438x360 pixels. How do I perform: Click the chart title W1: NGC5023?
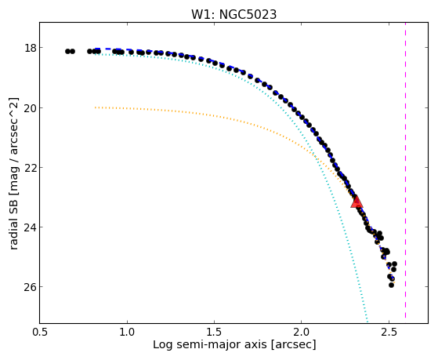tap(233, 15)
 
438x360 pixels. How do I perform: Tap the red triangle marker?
tap(357, 202)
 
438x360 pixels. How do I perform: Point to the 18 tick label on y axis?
tap(31, 48)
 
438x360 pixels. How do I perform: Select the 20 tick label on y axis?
tap(31, 107)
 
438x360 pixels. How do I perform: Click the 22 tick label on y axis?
tap(31, 167)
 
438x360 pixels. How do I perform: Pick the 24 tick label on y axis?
tap(31, 227)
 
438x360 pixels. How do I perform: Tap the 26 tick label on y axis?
tap(31, 287)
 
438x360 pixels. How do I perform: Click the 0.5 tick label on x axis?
tap(40, 332)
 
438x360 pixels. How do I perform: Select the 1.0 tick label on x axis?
tap(128, 332)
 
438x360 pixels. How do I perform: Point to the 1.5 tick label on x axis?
tap(214, 332)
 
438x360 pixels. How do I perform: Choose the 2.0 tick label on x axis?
tap(302, 332)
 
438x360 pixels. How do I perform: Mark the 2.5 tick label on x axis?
tap(389, 332)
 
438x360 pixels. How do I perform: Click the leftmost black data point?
tap(67, 51)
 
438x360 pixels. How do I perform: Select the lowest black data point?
tap(391, 285)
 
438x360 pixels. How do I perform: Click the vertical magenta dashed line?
tap(405, 170)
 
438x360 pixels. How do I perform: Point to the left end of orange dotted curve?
tap(96, 107)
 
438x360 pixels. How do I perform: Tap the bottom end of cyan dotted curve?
tap(367, 322)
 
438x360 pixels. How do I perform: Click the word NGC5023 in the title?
tap(248, 15)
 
